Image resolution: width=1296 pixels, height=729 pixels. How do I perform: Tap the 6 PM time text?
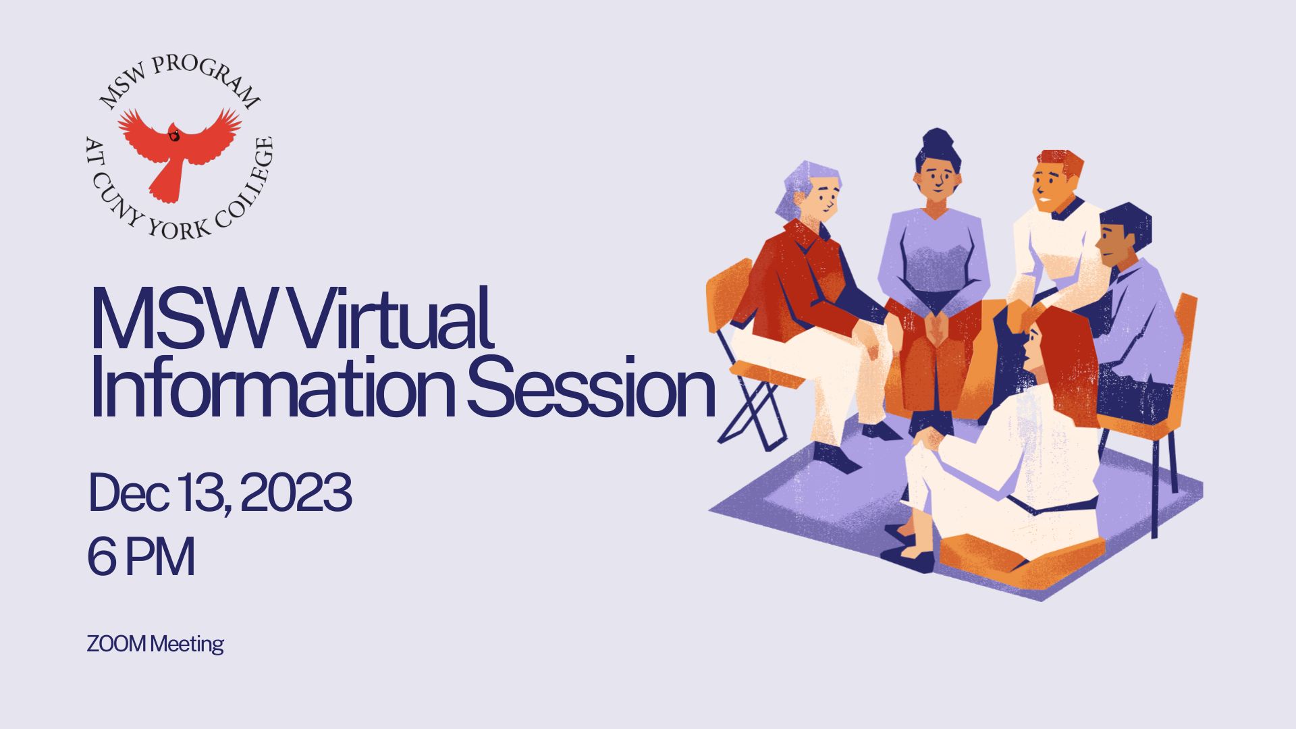(141, 557)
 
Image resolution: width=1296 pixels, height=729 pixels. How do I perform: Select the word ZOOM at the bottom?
(116, 644)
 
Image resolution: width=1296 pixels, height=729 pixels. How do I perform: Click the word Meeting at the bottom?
(187, 644)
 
